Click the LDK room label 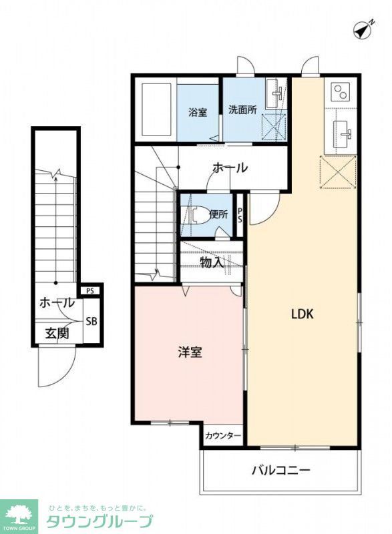point(303,314)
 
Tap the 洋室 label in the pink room point(190,352)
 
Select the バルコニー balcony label point(280,470)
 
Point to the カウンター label point(223,436)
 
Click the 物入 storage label point(212,262)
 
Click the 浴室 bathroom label point(197,112)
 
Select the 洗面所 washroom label point(242,109)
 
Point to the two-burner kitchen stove point(341,91)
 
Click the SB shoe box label point(91,321)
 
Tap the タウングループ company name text point(100,521)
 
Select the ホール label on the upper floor point(230,168)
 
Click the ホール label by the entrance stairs point(57,302)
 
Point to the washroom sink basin point(274,95)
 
